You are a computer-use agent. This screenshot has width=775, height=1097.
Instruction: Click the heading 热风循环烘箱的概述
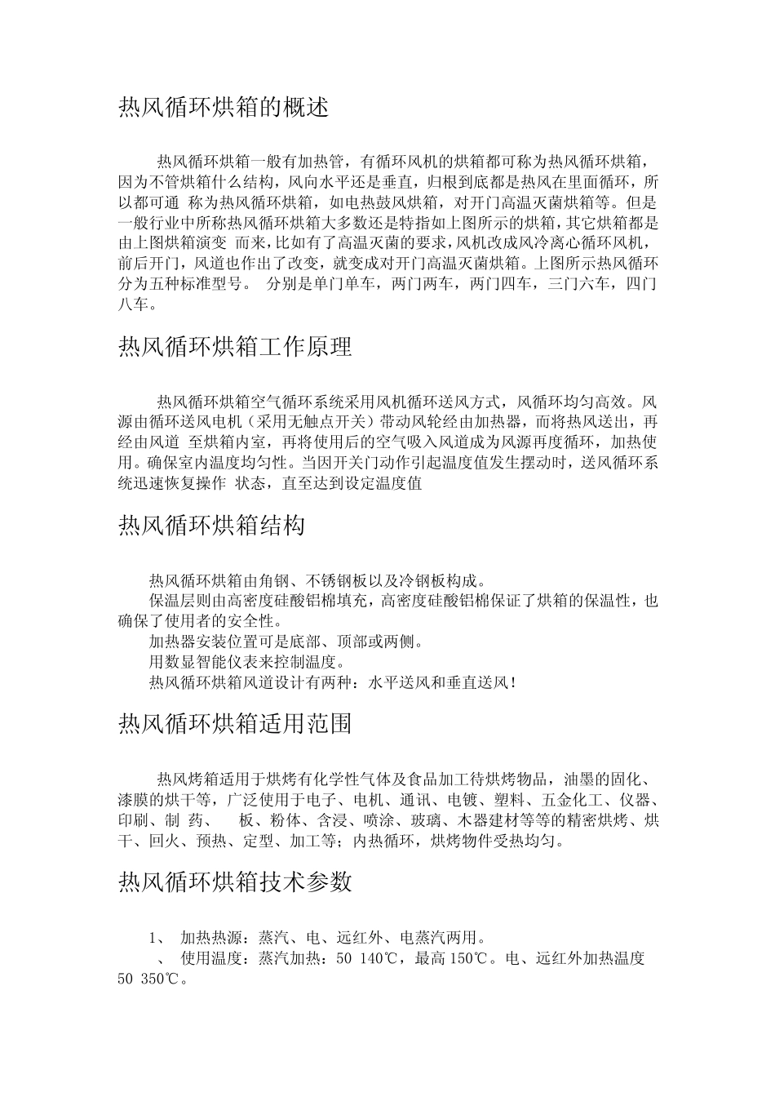pyautogui.click(x=224, y=108)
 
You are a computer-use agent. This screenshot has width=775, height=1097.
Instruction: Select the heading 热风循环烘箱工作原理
pyautogui.click(x=235, y=347)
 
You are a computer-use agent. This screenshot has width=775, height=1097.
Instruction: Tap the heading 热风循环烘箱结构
pyautogui.click(x=212, y=525)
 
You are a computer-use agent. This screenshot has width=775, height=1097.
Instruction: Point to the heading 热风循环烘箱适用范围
pyautogui.click(x=235, y=724)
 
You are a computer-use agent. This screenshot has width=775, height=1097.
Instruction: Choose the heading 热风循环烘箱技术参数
pyautogui.click(x=235, y=882)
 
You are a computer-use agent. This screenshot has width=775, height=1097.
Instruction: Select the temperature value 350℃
pyautogui.click(x=161, y=979)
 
